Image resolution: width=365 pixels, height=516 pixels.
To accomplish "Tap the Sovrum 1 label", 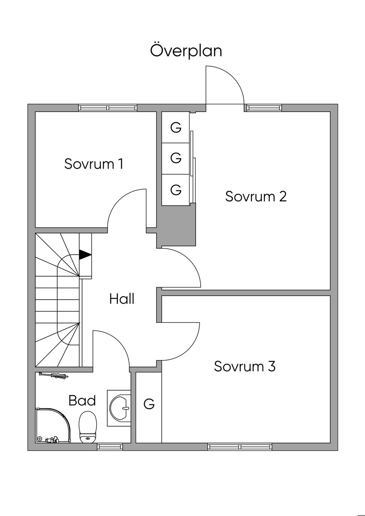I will point(94,164).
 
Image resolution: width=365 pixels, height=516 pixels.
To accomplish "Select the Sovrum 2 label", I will point(256,196).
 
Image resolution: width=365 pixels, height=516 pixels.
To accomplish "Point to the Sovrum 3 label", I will point(245,366).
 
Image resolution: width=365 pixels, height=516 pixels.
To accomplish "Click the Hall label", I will point(122,299).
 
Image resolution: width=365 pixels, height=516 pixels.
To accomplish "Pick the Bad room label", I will point(82,401).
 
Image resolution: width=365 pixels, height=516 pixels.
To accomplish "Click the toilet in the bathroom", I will point(88,427).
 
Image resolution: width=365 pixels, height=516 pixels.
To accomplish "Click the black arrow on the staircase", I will point(85,254).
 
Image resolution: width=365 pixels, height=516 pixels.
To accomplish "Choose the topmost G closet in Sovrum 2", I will point(176,127).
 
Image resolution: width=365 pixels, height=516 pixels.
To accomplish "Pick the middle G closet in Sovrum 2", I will point(176,158).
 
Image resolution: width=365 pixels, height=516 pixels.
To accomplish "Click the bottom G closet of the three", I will point(176,189).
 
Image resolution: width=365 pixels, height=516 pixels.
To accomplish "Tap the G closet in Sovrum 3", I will point(149,404).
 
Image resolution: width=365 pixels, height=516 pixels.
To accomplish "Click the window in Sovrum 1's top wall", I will point(108,108).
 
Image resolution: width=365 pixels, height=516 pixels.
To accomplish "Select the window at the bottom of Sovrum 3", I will point(240,447).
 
